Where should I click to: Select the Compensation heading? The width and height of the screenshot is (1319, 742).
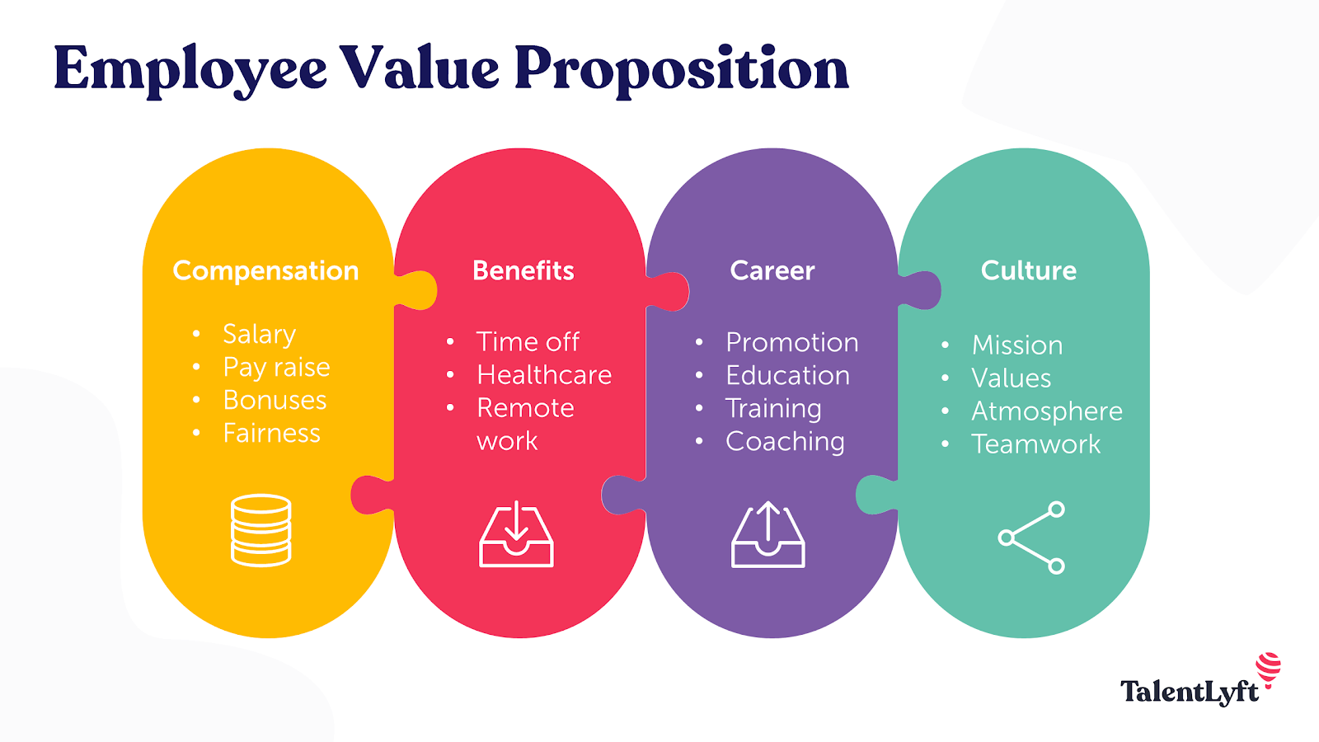pos(265,271)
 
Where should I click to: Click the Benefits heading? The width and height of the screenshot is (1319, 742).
pos(523,271)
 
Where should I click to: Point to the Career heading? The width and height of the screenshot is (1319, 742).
pos(772,271)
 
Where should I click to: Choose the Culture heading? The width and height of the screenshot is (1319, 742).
pos(1029,271)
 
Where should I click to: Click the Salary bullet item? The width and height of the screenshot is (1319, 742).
pos(259,335)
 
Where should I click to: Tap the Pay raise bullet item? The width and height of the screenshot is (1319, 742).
pos(276,368)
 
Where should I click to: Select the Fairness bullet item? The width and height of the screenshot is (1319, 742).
pos(271,434)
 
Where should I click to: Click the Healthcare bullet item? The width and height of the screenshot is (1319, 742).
pos(544,375)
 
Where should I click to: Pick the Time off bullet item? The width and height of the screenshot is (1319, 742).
pos(528,342)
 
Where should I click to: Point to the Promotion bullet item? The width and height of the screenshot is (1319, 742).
pos(792,343)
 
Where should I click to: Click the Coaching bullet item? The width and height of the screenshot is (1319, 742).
pos(785,442)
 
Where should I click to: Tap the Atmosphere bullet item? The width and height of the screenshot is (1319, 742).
pos(1047,411)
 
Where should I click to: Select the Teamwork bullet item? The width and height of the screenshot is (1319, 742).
pos(1035,444)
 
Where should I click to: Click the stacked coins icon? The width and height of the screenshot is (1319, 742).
pos(261,530)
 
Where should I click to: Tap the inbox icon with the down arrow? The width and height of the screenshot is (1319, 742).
pos(516,533)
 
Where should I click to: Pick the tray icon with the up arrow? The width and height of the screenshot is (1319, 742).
pos(767,533)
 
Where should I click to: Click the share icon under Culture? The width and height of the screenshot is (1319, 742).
pos(1031,538)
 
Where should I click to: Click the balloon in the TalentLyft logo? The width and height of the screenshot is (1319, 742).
pos(1269,669)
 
